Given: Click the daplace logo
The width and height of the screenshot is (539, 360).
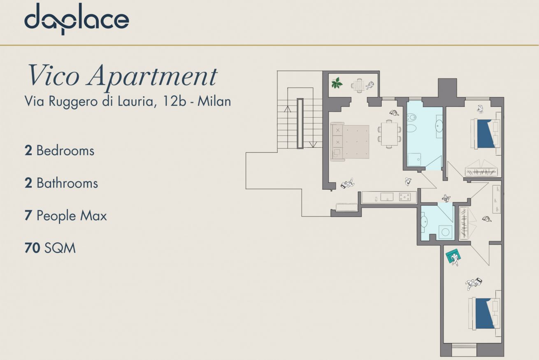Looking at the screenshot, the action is tap(77, 19).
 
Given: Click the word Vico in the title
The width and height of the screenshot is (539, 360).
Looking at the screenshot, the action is tap(53, 76).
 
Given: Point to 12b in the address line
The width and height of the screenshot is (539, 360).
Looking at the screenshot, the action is tap(174, 101).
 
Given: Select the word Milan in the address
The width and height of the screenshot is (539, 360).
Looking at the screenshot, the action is tap(214, 101).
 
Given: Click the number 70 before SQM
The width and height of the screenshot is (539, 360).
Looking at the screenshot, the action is tap(32, 248).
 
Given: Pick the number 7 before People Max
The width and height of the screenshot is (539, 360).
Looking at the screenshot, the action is tap(28, 215).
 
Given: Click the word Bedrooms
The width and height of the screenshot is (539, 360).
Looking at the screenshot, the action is tap(65, 151).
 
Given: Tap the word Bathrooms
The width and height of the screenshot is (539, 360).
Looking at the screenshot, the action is tap(67, 183).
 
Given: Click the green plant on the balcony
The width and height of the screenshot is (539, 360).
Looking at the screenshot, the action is tap(337, 83).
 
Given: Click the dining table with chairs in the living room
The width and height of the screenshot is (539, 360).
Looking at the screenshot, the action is tap(389, 134).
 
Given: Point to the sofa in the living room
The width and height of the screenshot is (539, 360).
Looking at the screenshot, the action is tap(337, 142).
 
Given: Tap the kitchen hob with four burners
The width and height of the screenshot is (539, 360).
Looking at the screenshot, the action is tap(405, 197).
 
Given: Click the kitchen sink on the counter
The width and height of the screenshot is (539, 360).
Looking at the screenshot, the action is tap(387, 197).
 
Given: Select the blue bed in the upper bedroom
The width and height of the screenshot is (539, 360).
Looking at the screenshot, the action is tap(486, 134).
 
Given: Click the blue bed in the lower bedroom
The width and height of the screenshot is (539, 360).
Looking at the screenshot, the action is tap(484, 314).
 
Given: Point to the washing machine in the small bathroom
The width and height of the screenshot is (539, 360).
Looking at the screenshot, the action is tap(446, 232).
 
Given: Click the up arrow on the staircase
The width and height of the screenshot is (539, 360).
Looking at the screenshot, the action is tap(287, 109).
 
